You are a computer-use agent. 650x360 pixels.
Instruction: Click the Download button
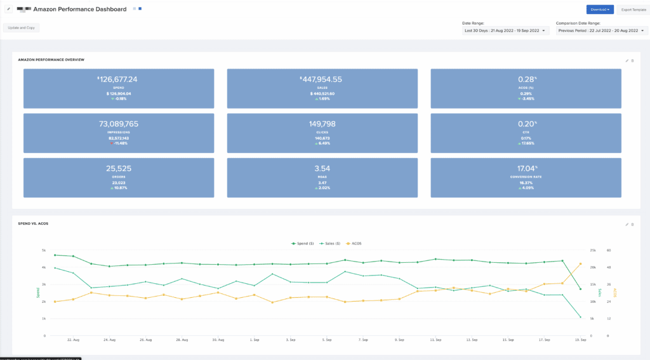tap(599, 10)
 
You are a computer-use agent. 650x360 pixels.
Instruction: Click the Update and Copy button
tap(22, 28)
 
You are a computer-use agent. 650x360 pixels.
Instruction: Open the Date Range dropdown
tap(506, 30)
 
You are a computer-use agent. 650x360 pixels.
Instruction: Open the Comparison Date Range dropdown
tap(600, 30)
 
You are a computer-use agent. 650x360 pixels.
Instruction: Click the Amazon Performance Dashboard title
tap(79, 10)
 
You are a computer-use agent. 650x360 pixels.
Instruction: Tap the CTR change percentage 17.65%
tap(527, 143)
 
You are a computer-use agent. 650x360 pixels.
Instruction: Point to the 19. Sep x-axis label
tap(580, 340)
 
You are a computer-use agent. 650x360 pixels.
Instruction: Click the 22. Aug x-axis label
tap(73, 340)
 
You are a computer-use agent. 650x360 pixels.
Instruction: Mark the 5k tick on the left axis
tap(44, 250)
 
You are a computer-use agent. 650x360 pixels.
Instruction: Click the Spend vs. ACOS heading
tap(33, 224)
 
